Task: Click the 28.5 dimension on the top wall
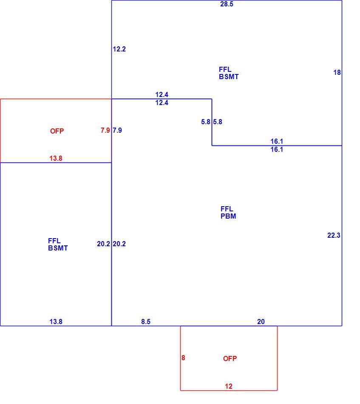tap(227, 4)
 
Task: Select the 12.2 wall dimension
tap(119, 49)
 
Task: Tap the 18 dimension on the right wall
tap(337, 73)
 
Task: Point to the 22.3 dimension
tap(334, 235)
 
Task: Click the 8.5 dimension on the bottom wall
tap(146, 321)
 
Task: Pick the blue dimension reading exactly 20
tap(261, 321)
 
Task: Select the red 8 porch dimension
tap(183, 358)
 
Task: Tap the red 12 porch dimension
tap(229, 386)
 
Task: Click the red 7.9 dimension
tap(105, 130)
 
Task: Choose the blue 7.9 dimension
tap(117, 130)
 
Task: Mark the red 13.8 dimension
tap(56, 158)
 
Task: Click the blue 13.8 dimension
tap(56, 321)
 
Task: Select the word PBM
tap(228, 216)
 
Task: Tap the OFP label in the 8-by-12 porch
tap(230, 358)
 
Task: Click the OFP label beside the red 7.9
tap(57, 131)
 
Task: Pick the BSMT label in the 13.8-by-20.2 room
tap(58, 248)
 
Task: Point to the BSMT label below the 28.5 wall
tap(229, 77)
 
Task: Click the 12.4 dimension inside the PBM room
tap(162, 102)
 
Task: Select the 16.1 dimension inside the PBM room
tap(277, 149)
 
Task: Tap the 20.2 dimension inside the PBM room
tap(119, 244)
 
